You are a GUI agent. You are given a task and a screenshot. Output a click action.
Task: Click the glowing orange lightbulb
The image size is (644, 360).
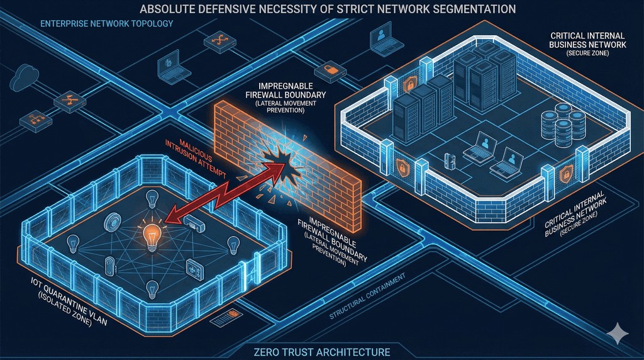152,237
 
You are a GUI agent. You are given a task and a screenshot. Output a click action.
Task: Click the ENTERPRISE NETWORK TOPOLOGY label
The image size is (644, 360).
106,24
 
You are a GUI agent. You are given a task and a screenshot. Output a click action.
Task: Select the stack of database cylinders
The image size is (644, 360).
555,125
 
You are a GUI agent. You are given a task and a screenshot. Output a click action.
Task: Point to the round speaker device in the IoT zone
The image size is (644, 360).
114,222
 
